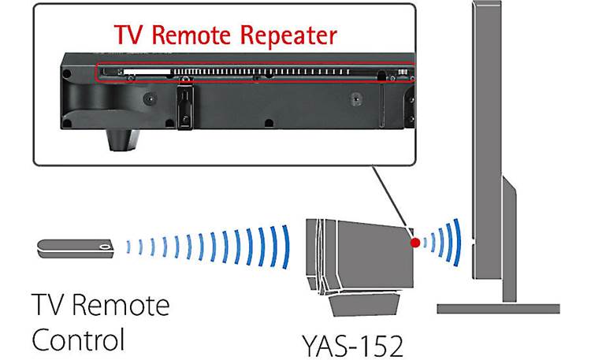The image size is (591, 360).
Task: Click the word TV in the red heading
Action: click(129, 35)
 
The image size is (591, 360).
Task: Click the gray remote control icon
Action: click(74, 248)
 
